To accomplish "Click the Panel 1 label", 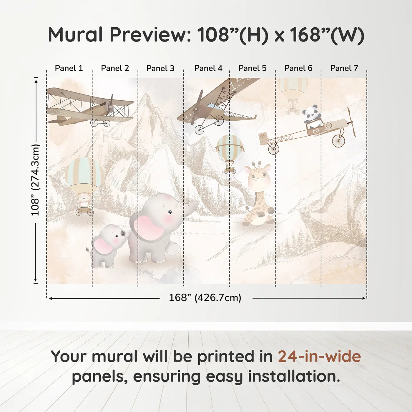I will coord(69,68).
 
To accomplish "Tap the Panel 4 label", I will coord(208,68).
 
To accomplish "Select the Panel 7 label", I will coord(344,68).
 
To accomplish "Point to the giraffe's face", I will coord(258,177).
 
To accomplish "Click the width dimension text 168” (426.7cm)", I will coord(205,298).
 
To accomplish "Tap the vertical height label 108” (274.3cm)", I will coord(36,180).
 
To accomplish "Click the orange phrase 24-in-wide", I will coord(319,357).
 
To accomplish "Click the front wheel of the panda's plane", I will coord(338,141).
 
